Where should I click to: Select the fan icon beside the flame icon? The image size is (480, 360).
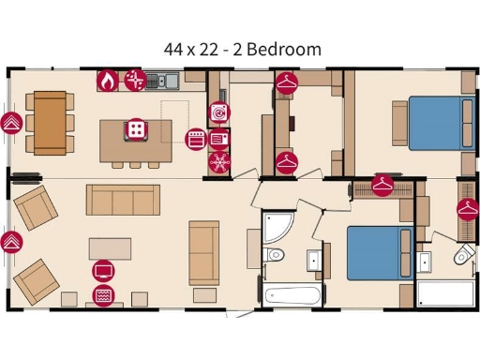pos(135,81)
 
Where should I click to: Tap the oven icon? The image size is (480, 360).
pos(196,139)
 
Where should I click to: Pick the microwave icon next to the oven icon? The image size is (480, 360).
pos(220,139)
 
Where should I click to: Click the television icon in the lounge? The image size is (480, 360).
pos(103,272)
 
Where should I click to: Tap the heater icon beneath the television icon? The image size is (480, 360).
pos(103,296)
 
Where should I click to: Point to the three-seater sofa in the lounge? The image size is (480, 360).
pos(123,200)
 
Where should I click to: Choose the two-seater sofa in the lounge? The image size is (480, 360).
pos(203,251)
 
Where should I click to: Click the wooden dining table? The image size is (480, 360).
pos(51,122)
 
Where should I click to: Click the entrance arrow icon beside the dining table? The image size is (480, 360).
pos(12,123)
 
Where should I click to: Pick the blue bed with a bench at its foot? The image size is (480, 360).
pos(380,253)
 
